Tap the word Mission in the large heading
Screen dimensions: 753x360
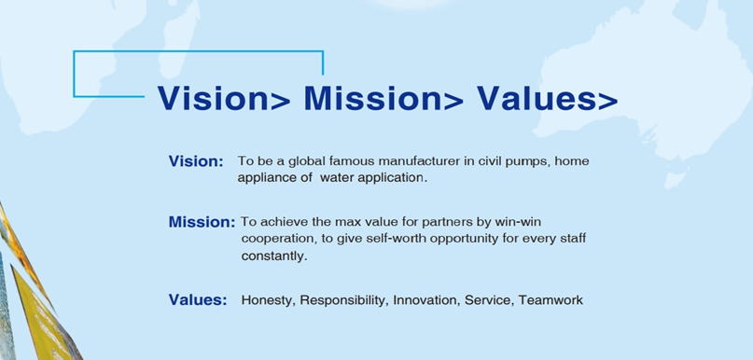(372, 98)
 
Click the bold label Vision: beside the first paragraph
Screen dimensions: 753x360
(196, 161)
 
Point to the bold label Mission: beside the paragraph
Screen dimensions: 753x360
(202, 222)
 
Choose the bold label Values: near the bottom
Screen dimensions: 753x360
(198, 300)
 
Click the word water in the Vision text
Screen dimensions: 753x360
(335, 178)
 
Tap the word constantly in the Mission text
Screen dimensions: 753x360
(272, 256)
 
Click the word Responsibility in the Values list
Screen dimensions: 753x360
(342, 300)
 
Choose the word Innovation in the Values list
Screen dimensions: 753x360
(426, 300)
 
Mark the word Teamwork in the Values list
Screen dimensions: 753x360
(551, 300)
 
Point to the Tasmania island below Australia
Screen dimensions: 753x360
(676, 179)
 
